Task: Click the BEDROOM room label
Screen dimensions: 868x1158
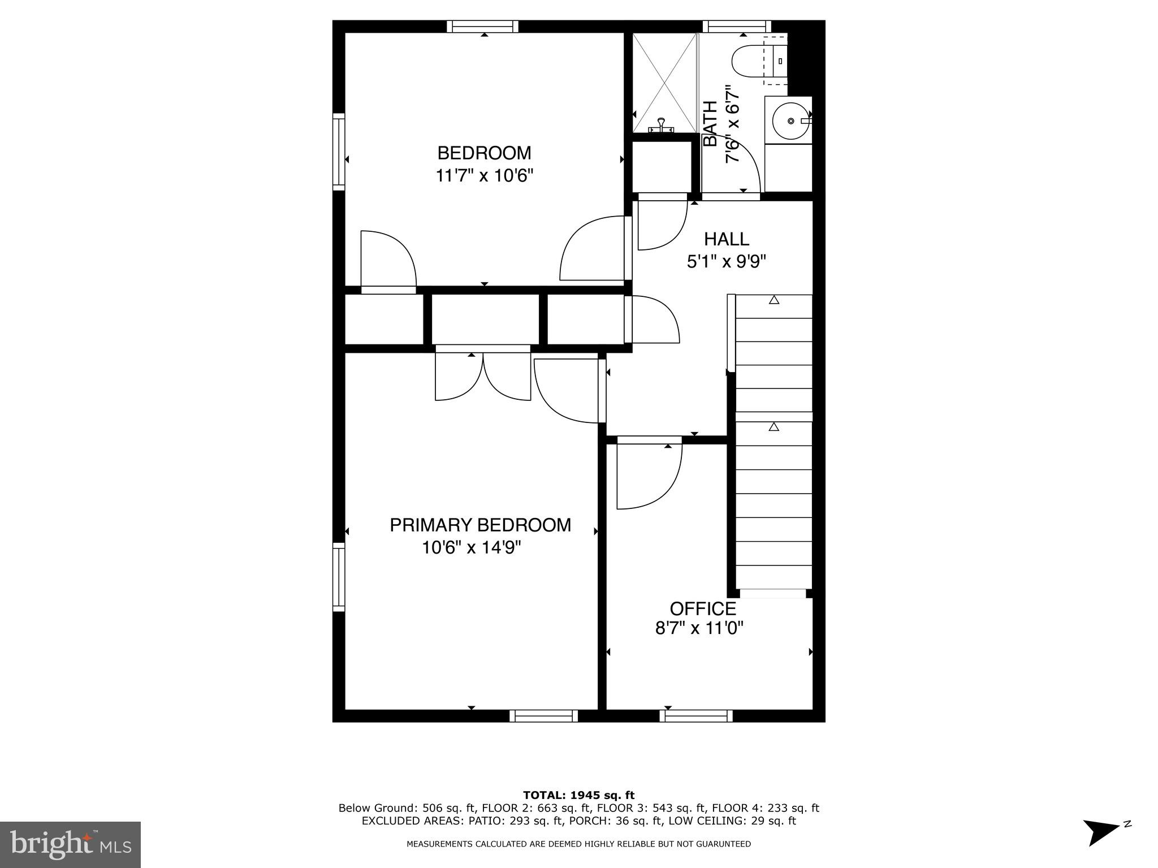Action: (484, 153)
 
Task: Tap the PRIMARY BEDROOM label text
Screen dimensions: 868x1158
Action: (480, 525)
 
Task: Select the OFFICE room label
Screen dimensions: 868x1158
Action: (703, 609)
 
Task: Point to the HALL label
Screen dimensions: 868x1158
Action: (727, 239)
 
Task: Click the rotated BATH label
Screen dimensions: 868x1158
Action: (710, 124)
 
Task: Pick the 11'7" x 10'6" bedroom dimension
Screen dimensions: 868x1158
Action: (484, 176)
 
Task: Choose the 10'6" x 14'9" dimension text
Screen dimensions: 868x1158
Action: (471, 547)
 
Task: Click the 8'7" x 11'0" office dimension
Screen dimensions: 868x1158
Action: (699, 628)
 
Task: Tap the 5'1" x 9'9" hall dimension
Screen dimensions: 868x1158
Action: (727, 262)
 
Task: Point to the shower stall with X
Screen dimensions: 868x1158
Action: (664, 83)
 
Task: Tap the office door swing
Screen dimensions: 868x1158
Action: (649, 476)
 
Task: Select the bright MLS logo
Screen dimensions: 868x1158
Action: (70, 844)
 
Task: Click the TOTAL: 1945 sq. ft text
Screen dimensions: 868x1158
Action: (578, 796)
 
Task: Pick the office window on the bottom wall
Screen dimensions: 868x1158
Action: (696, 716)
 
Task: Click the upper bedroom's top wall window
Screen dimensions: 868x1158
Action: (482, 27)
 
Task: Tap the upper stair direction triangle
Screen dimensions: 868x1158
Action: (774, 300)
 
